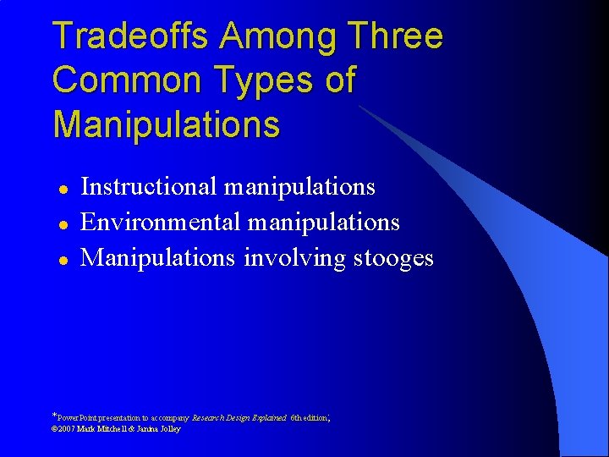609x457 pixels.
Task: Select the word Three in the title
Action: click(x=396, y=36)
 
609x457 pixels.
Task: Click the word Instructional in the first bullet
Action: click(x=151, y=186)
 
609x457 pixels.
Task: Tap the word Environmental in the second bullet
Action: click(x=157, y=222)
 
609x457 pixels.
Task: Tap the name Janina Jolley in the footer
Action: click(x=160, y=429)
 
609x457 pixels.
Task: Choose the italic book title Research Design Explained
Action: click(x=239, y=418)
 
